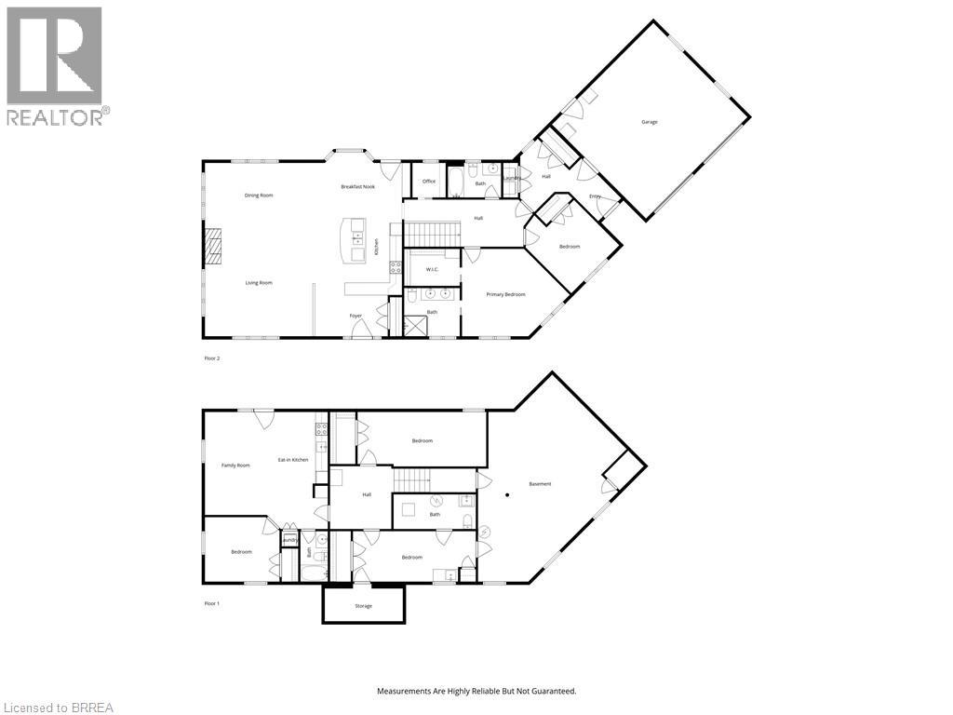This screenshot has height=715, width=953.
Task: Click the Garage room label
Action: (650, 122)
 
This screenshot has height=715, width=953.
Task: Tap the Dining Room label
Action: (259, 196)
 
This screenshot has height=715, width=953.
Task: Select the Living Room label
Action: (259, 282)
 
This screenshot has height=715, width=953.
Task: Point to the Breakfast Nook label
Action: (357, 187)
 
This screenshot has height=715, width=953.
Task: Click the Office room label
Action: (429, 182)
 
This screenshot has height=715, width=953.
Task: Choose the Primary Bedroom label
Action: (506, 294)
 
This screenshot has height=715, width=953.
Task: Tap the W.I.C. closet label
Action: (432, 270)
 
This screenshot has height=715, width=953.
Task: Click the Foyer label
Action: (356, 316)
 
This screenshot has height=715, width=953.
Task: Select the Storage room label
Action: (363, 606)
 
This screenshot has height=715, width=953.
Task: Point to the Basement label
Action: (540, 484)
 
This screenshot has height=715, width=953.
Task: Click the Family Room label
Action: (235, 465)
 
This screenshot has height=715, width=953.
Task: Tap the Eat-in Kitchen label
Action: (293, 460)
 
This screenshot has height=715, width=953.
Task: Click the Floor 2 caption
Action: (212, 357)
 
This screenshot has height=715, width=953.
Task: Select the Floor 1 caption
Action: (212, 603)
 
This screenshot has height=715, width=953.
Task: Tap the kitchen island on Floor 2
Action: (354, 240)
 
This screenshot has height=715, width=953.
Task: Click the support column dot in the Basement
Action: (507, 494)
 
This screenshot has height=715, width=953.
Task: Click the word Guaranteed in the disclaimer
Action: (554, 692)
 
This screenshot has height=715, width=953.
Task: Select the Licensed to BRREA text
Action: (58, 708)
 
